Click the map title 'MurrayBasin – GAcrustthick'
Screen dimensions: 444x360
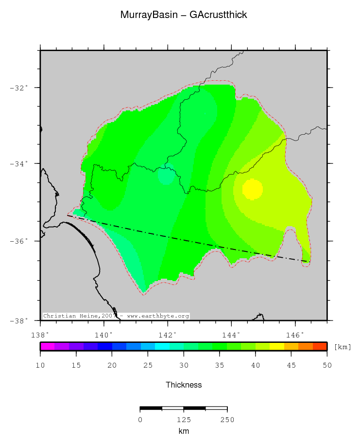point(184,15)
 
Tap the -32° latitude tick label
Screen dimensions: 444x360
point(19,88)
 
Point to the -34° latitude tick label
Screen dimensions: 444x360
point(19,164)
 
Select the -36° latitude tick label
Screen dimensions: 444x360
point(19,241)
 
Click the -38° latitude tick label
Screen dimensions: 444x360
point(19,320)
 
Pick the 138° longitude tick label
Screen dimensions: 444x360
point(40,335)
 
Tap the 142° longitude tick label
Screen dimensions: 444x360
point(168,335)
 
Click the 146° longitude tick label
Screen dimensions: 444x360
point(295,335)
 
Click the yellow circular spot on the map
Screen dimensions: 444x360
point(253,189)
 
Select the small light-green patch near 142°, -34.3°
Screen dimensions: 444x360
point(166,176)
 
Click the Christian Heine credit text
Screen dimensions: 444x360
point(116,316)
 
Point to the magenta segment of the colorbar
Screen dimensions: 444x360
point(47,346)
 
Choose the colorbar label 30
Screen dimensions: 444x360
point(184,365)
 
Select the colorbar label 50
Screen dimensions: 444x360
point(326,365)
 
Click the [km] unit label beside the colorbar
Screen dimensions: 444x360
point(342,347)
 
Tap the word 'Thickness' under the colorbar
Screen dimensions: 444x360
point(184,385)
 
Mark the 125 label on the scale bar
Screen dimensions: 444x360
point(184,420)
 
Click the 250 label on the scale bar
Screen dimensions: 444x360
point(227,420)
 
